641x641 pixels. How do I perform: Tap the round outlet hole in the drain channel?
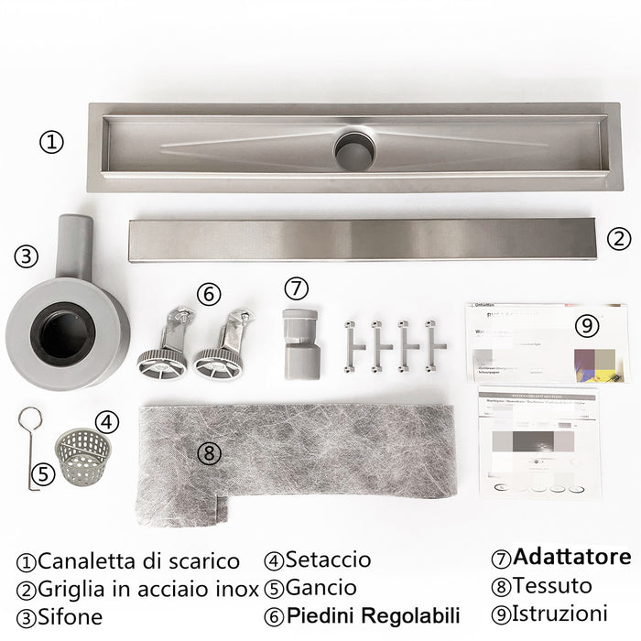pyautogui.click(x=354, y=151)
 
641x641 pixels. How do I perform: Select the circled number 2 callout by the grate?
pyautogui.click(x=619, y=239)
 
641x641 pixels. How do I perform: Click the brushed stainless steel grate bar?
pyautogui.click(x=362, y=239)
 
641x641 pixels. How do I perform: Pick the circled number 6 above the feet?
pyautogui.click(x=209, y=294)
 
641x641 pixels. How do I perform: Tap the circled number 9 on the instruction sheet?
pyautogui.click(x=586, y=325)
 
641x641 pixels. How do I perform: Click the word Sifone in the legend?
pyautogui.click(x=71, y=615)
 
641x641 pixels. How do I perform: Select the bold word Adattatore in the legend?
pyautogui.click(x=571, y=557)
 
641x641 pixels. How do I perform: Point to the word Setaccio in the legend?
pyautogui.click(x=328, y=560)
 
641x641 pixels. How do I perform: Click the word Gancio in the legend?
pyautogui.click(x=320, y=587)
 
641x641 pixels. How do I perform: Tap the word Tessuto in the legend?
pyautogui.click(x=552, y=585)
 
